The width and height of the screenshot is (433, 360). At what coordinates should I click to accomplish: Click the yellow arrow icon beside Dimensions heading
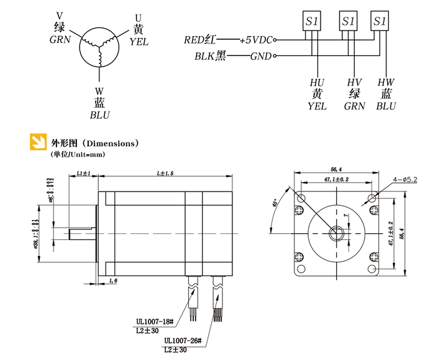coord(39,142)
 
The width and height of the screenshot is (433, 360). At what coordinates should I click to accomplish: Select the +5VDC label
coord(255,40)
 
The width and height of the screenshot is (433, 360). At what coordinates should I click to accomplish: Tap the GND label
coord(261,57)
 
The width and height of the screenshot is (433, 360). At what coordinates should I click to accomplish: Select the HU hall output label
coord(317,82)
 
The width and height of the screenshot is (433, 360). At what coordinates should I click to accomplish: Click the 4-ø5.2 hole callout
coord(405,180)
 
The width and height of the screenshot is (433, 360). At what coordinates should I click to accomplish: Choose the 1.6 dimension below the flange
coord(114,282)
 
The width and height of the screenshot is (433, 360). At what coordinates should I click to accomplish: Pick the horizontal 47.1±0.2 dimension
coord(336,179)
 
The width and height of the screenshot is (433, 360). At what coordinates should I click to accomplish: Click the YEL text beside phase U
coord(139,41)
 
